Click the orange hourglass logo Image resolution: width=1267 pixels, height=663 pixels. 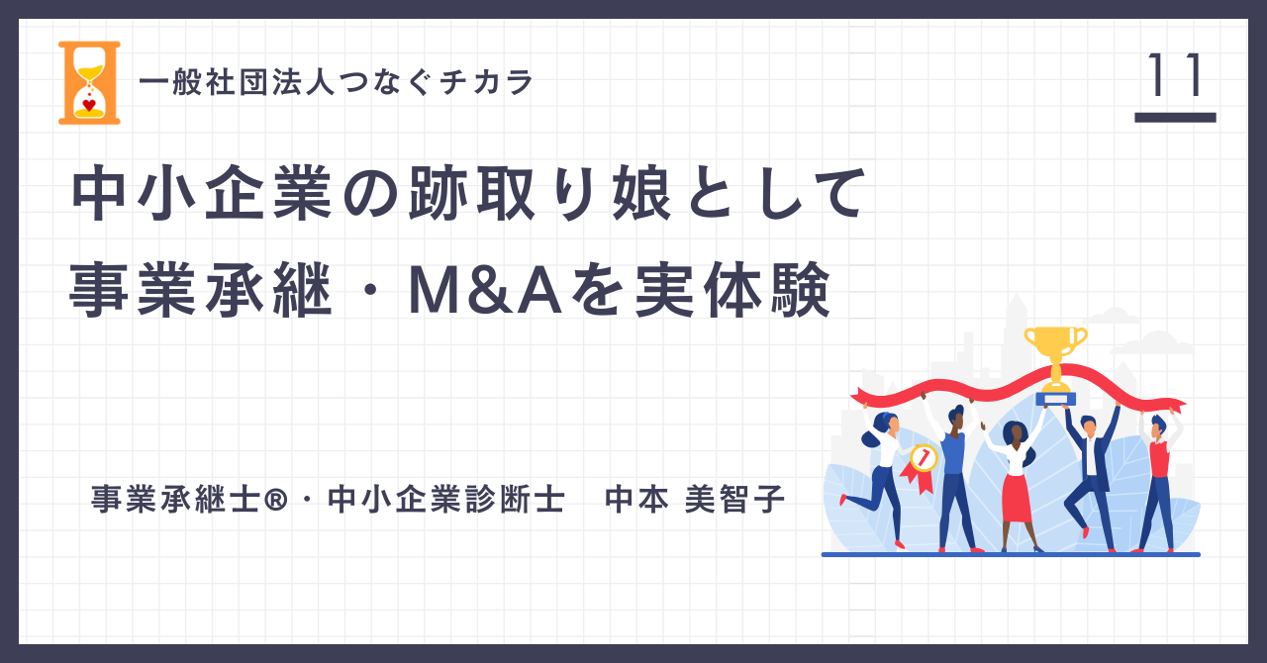click(x=89, y=82)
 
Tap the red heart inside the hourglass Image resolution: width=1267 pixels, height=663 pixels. click(x=89, y=105)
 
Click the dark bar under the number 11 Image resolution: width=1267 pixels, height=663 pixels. click(x=1175, y=118)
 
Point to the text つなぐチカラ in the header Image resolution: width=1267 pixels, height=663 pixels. click(x=437, y=82)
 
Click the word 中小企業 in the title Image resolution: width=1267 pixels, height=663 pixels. click(x=202, y=194)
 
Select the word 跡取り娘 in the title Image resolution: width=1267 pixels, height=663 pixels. click(x=539, y=194)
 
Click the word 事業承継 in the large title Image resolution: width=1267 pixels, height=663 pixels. click(x=201, y=290)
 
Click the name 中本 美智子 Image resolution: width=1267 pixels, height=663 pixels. click(x=695, y=500)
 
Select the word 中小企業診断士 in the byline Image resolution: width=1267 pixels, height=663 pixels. click(x=446, y=500)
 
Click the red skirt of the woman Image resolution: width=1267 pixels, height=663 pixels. click(x=1017, y=498)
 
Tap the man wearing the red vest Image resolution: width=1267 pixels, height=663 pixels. click(x=1158, y=481)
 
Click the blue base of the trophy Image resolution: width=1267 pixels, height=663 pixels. click(x=1055, y=399)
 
